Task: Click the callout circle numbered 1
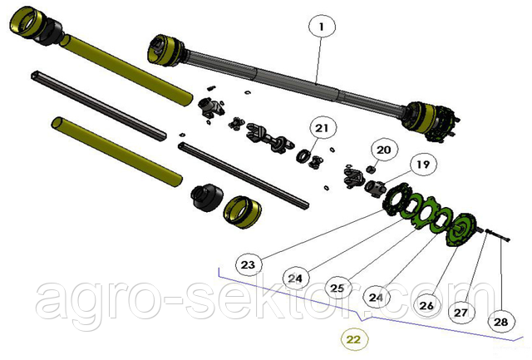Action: tap(322, 27)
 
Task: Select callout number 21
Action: tap(322, 128)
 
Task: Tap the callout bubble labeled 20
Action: tap(384, 150)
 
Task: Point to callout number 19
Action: tap(423, 165)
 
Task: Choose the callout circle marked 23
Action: tap(248, 264)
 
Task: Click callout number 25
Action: tap(337, 288)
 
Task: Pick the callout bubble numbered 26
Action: tap(426, 306)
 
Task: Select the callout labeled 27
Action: tap(461, 312)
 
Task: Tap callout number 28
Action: tap(501, 321)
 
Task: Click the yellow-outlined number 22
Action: tap(353, 339)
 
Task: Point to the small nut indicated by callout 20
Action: tap(372, 169)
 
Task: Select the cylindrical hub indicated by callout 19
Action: tap(375, 188)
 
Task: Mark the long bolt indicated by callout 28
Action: tap(499, 235)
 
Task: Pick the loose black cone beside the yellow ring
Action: tap(207, 197)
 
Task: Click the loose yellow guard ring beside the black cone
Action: tap(242, 212)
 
